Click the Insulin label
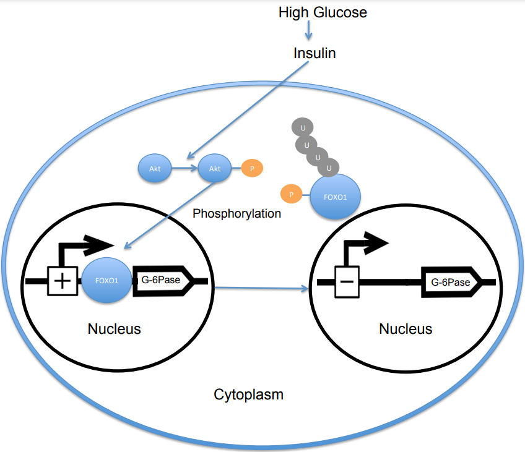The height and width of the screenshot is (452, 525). [315, 53]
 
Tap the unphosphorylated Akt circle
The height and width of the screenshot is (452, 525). [155, 168]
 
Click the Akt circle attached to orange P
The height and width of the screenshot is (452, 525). [214, 168]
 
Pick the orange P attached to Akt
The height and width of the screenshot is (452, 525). [251, 168]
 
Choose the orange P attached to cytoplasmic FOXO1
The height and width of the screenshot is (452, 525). [291, 195]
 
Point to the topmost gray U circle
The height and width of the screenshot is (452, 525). [303, 127]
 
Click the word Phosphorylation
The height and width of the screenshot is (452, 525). [236, 214]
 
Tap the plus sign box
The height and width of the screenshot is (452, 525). [62, 281]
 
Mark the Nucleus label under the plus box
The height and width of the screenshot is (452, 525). [114, 328]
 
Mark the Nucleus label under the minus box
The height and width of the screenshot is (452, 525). [406, 328]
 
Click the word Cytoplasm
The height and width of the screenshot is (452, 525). [248, 394]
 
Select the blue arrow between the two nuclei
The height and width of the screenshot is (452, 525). [261, 288]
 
